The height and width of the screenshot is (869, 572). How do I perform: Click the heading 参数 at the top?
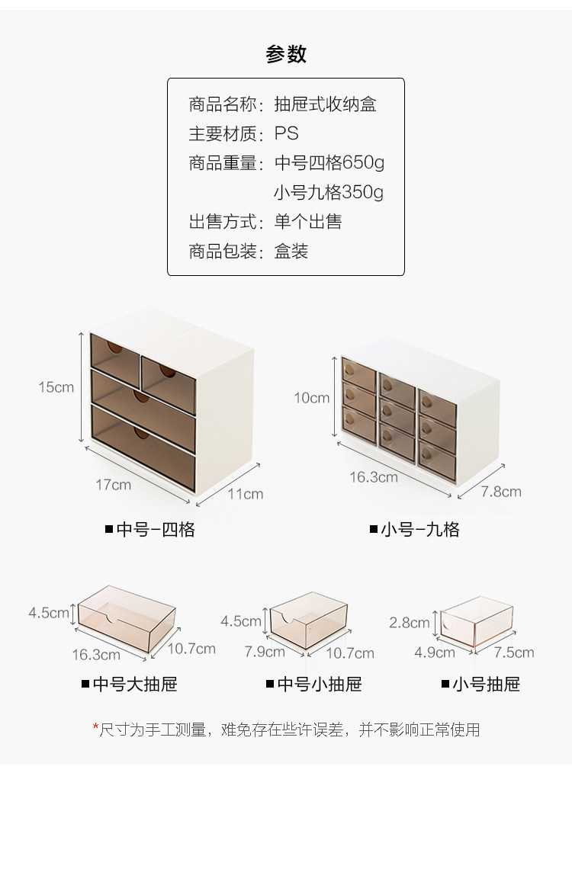pos(286,54)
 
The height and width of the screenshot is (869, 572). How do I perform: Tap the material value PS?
pos(287,133)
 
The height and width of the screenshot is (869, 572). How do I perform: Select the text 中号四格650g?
pos(329,163)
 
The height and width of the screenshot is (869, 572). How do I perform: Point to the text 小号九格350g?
pos(329,192)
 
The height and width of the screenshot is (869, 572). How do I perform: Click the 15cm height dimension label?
pos(56,387)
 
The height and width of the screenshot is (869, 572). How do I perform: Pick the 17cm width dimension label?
pos(113,485)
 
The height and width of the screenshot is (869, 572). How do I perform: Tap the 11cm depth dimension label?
pos(245,494)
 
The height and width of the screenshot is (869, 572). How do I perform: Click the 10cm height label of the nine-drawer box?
pos(312,398)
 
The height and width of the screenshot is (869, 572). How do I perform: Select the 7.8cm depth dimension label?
pos(501,492)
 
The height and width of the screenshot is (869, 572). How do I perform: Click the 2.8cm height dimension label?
pos(410,623)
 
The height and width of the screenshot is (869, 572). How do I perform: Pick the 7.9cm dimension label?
pos(265,652)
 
